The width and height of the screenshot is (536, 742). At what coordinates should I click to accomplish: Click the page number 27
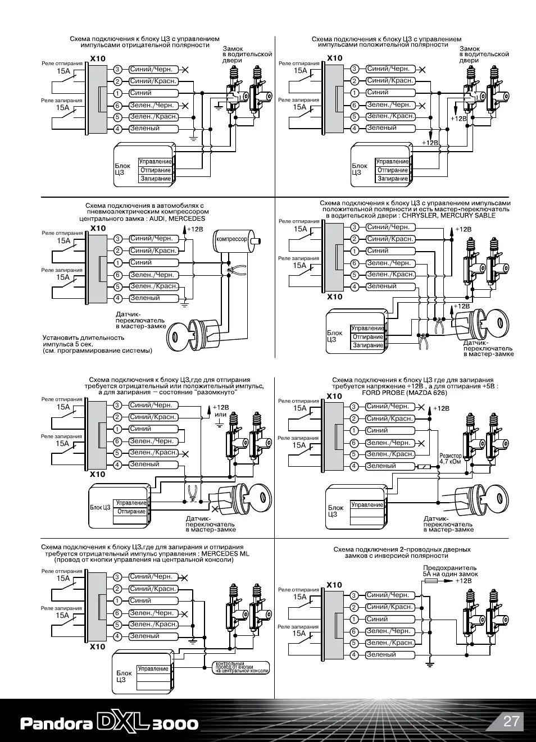coord(511,721)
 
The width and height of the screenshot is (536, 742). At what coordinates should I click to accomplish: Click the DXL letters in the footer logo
coord(125,722)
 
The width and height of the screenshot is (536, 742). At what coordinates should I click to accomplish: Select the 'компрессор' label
coord(231,239)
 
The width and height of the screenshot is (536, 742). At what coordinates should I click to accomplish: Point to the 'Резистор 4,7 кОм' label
coord(450,458)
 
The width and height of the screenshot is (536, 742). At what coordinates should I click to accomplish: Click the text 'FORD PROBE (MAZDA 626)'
coord(412,393)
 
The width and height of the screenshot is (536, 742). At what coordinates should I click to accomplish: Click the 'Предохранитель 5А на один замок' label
coord(450,571)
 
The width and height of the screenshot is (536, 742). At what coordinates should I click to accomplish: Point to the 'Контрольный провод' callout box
coord(242,667)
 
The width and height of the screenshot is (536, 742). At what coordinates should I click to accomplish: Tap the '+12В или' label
coord(220,411)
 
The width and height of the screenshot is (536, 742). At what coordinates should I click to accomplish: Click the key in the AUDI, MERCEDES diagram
coord(178,337)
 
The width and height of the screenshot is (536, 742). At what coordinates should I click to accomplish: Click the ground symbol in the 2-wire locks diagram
coord(430,664)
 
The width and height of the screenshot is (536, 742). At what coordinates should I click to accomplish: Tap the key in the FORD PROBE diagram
coord(494,497)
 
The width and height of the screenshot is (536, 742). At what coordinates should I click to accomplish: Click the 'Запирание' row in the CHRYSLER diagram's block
coord(367,345)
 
